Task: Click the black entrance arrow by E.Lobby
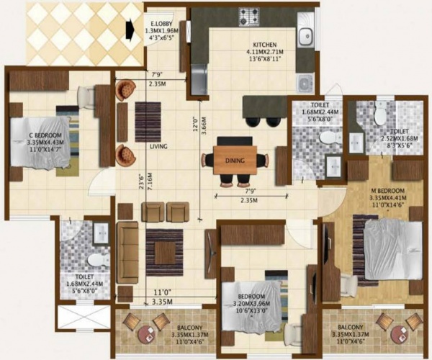coord(130,30)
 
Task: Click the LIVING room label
coord(158,147)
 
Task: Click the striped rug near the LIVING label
coord(148,122)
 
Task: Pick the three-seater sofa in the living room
coord(127,253)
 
